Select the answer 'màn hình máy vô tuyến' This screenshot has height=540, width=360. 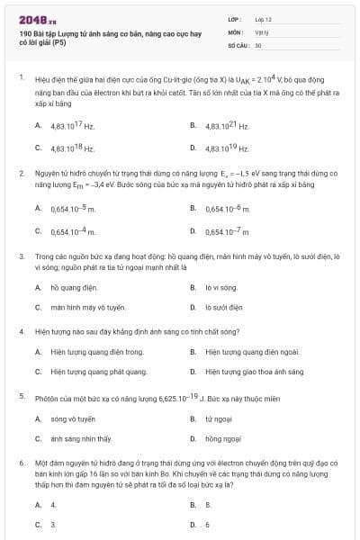coord(81,307)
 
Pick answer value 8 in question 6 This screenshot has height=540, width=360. coord(208,505)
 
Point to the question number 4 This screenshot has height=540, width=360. coord(21,330)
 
